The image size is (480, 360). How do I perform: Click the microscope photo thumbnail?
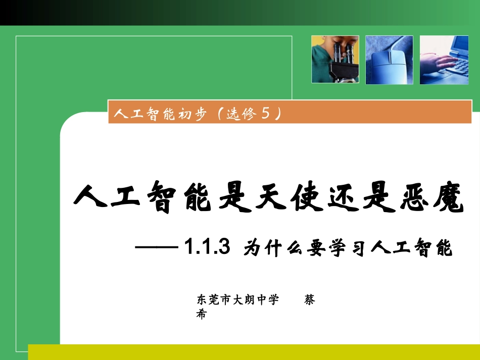coord(335,59)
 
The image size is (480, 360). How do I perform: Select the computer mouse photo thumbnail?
coord(389,60)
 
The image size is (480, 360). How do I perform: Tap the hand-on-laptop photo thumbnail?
coord(444,60)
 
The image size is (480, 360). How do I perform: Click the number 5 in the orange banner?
coord(264,114)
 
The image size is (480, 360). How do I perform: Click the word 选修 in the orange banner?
coord(241,115)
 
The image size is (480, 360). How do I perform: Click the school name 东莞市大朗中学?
coord(237,299)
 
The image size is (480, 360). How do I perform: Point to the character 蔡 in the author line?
coord(309,299)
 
